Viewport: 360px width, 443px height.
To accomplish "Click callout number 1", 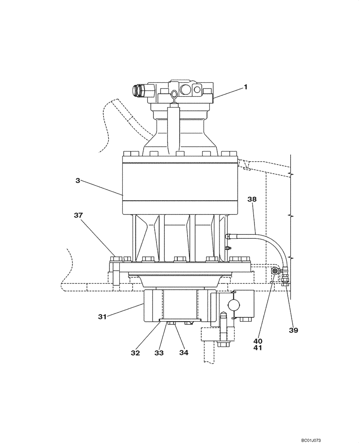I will point(245,88).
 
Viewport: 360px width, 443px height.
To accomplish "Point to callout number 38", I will point(252,200).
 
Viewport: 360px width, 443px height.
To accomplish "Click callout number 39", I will point(294,330).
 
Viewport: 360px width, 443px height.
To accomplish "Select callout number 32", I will point(135,353).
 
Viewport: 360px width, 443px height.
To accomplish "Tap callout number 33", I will point(159,353).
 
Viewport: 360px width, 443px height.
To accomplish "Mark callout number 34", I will point(184,353).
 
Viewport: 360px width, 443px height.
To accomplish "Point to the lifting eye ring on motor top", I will point(174,94).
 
